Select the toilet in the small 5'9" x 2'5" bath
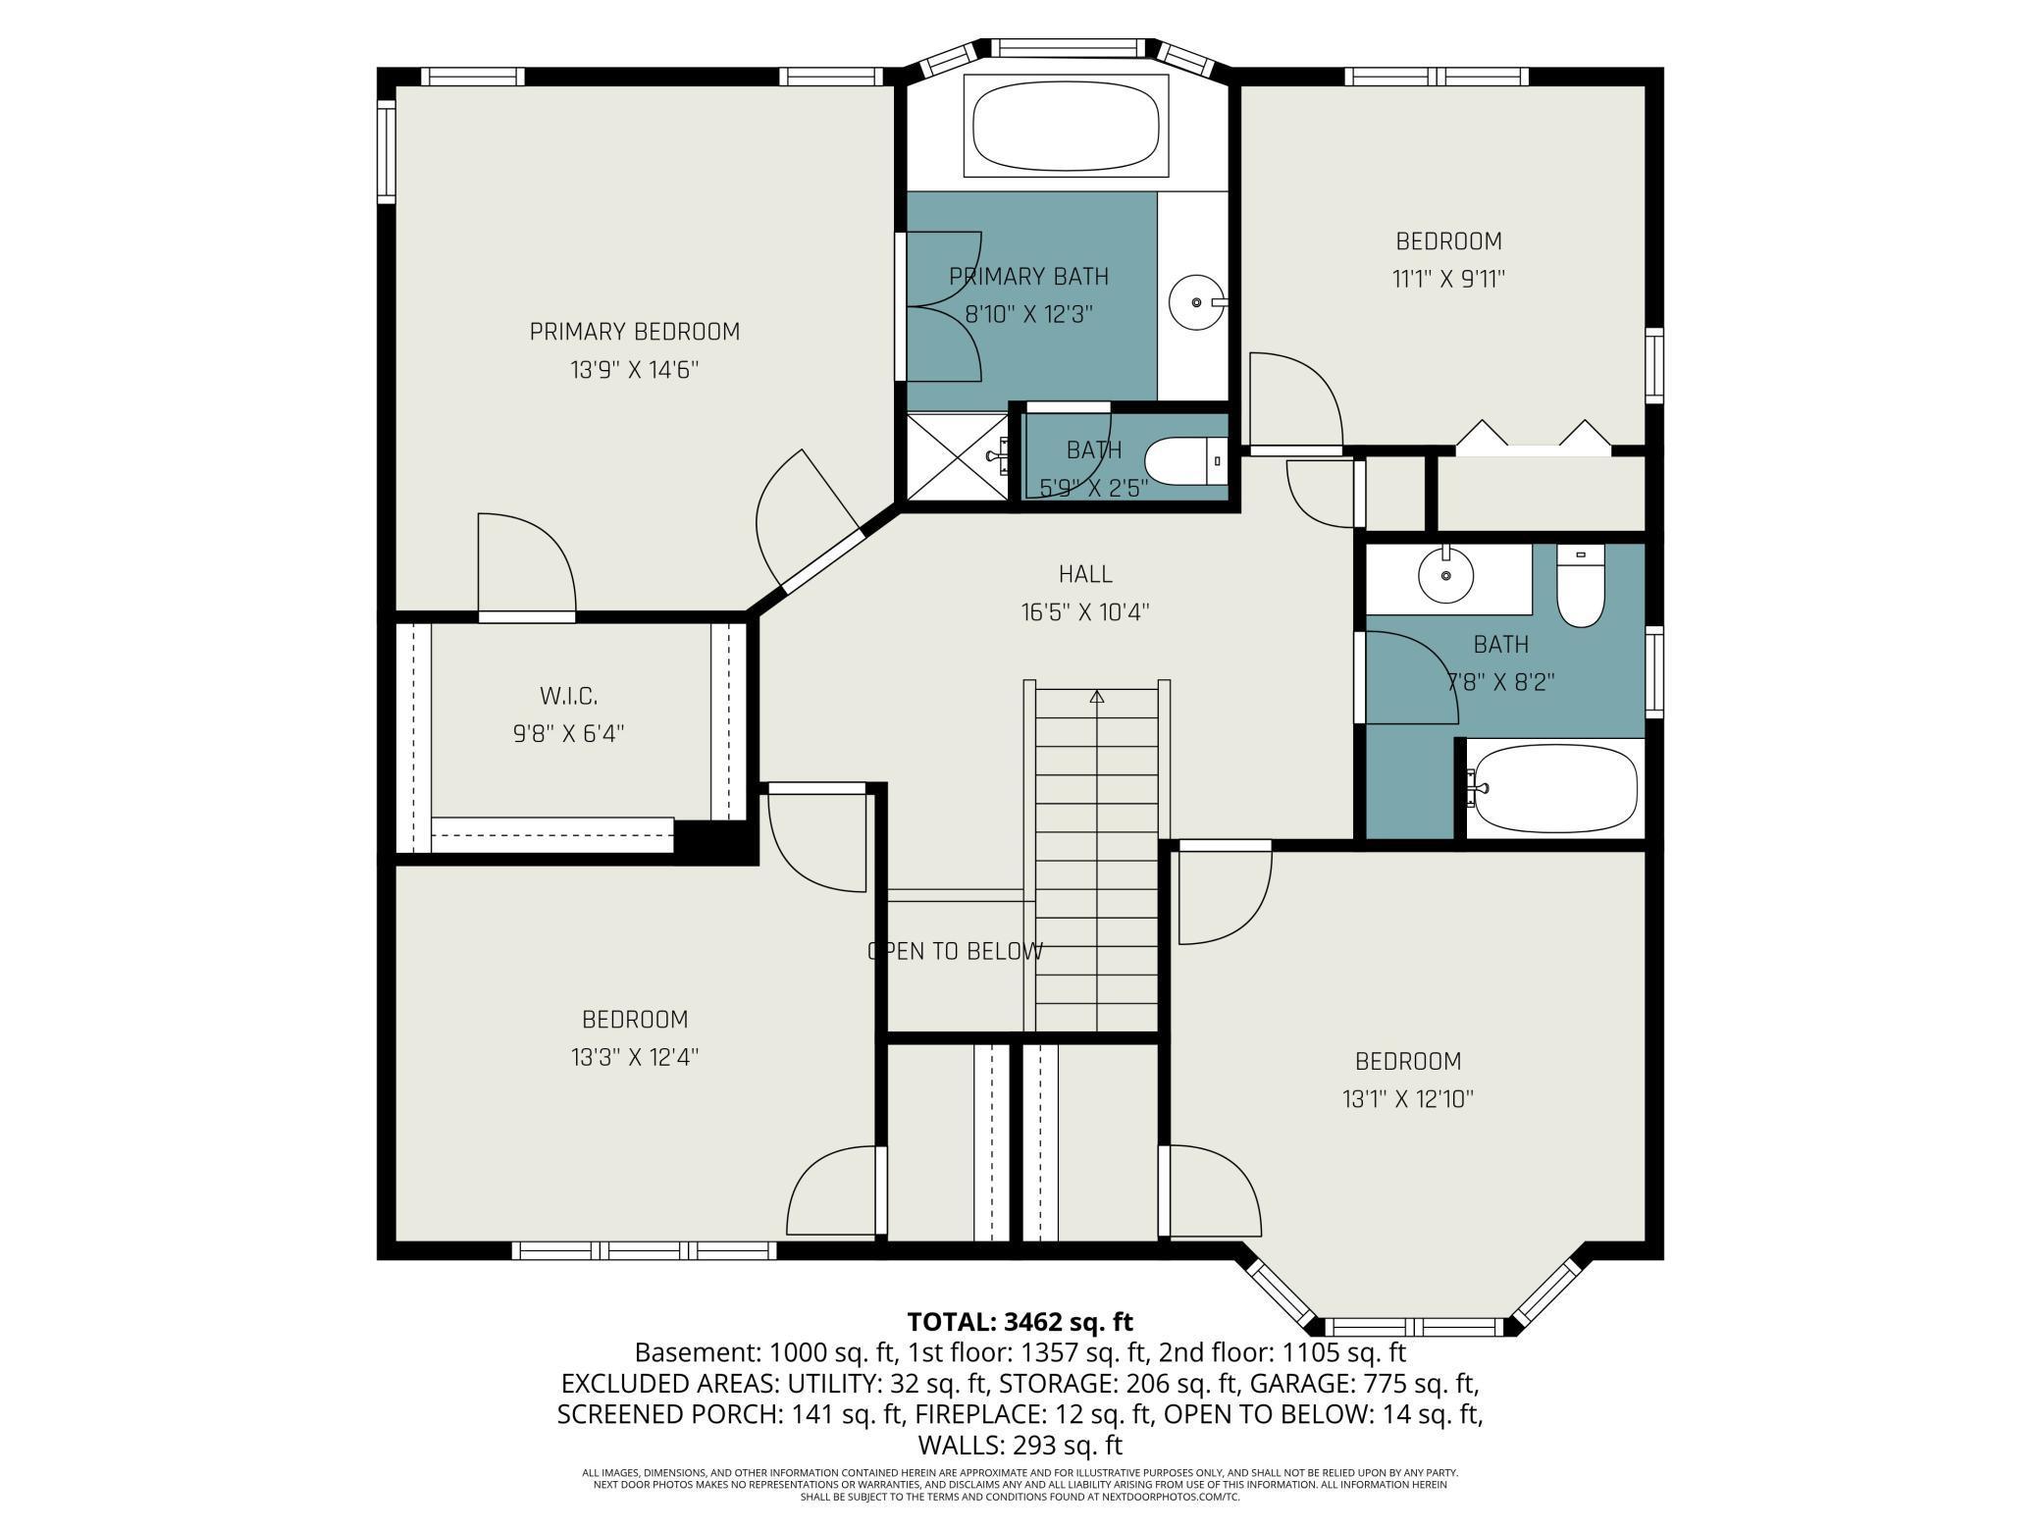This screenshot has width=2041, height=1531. [1185, 461]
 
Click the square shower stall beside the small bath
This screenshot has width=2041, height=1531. [957, 456]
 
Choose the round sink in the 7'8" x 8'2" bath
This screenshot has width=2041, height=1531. [1445, 576]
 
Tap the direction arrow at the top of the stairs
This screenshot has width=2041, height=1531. [1097, 698]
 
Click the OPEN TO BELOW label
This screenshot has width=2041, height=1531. [955, 951]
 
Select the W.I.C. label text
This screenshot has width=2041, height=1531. [568, 696]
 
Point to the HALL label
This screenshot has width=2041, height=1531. [1085, 574]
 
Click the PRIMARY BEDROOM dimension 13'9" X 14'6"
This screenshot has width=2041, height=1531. [634, 370]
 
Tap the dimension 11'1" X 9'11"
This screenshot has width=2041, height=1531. [1448, 279]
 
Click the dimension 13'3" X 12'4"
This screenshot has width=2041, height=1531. [634, 1057]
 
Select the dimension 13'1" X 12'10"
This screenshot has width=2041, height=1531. [1408, 1099]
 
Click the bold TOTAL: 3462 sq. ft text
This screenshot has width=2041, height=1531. [1020, 1321]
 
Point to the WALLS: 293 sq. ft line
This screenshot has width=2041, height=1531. [1020, 1445]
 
